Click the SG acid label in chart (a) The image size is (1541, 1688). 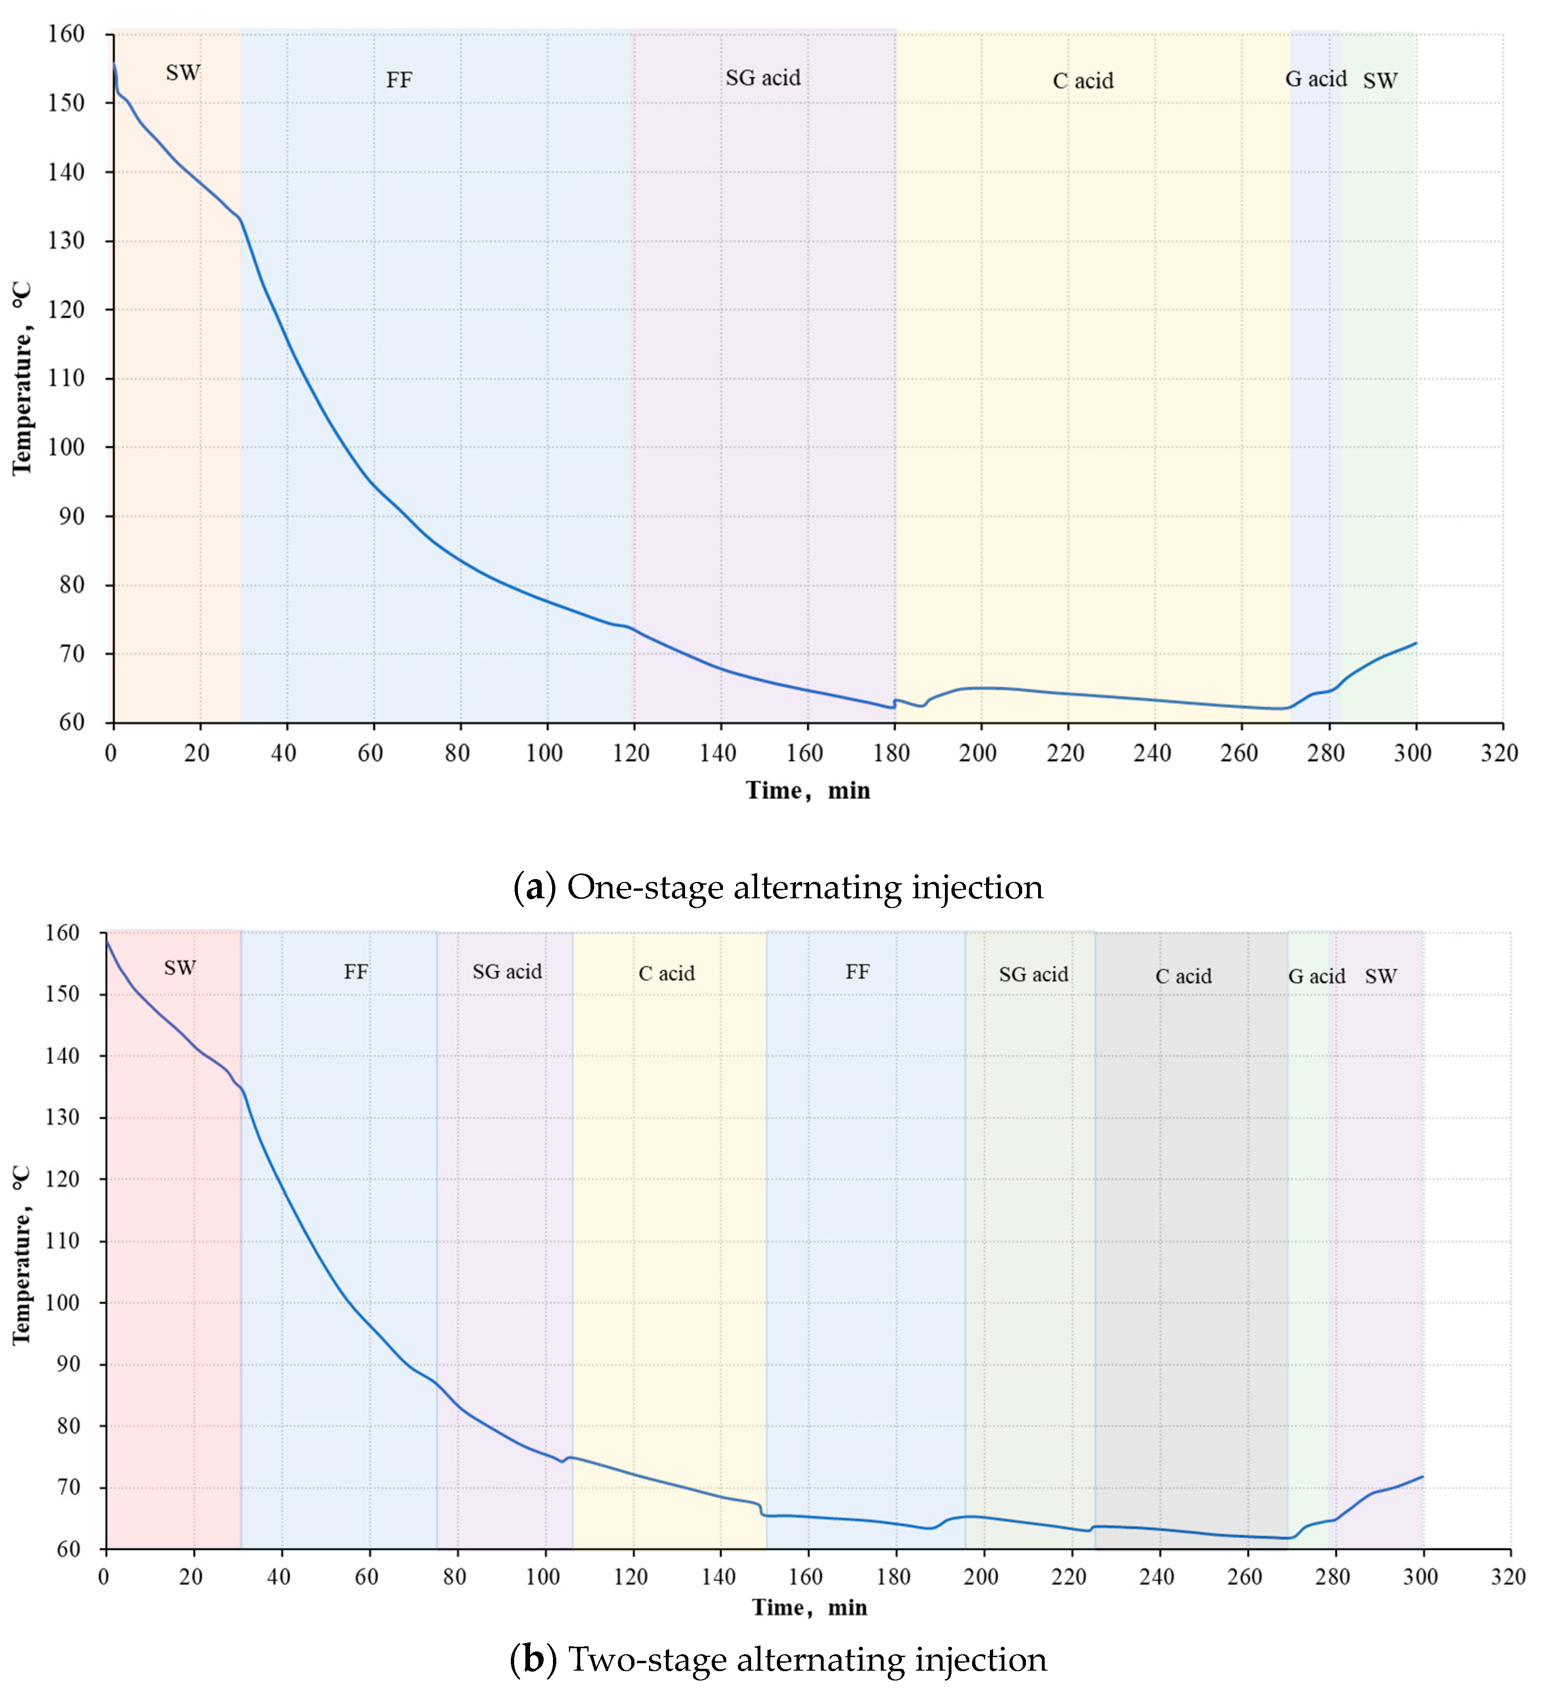[x=763, y=78]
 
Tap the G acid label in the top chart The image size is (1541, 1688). [x=1316, y=79]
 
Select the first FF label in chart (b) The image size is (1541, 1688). [x=356, y=972]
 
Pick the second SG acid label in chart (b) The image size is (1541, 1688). [x=1033, y=975]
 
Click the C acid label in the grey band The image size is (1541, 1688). [x=1183, y=976]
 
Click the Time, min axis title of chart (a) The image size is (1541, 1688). [x=808, y=791]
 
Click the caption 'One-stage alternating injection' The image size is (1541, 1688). [x=805, y=888]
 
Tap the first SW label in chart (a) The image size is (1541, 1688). [x=183, y=73]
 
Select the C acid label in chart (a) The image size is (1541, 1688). [x=1083, y=81]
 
